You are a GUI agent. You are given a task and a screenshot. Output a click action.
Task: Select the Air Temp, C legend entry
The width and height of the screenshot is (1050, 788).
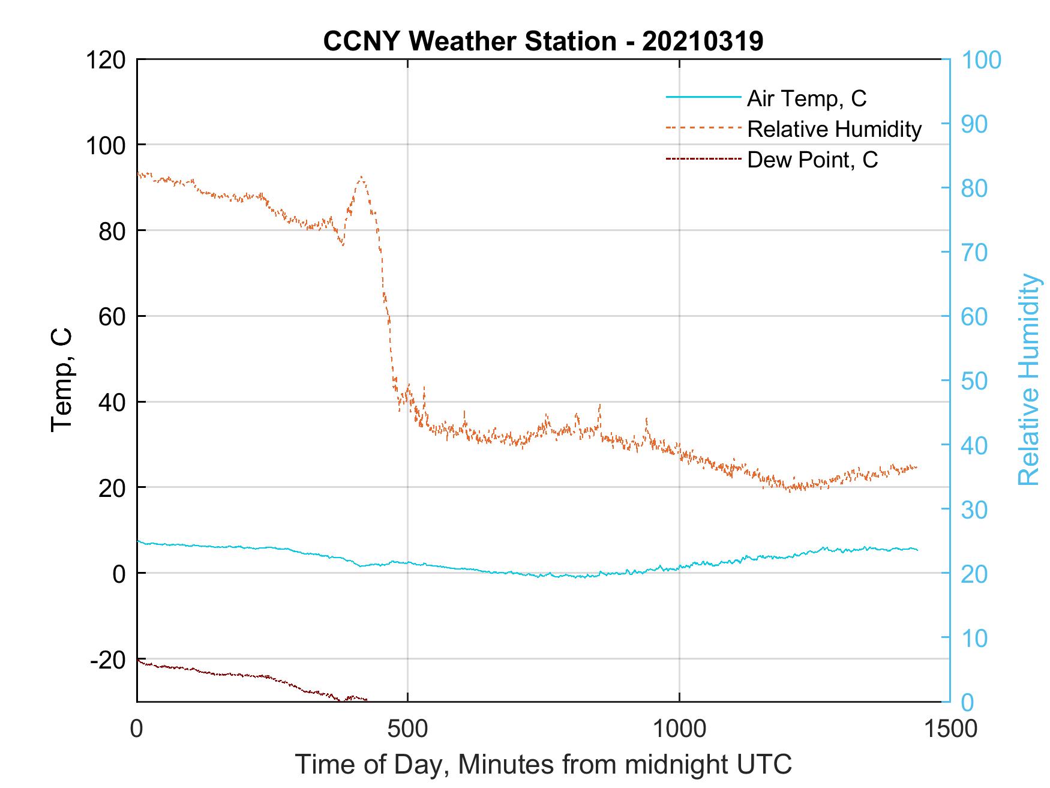pyautogui.click(x=806, y=98)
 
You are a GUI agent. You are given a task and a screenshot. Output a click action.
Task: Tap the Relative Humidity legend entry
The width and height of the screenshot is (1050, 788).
pyautogui.click(x=834, y=129)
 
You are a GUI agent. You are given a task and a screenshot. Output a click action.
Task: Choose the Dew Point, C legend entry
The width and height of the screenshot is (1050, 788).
pyautogui.click(x=812, y=160)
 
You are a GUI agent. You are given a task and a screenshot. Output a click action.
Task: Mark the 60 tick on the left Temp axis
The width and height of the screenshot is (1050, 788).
pyautogui.click(x=112, y=317)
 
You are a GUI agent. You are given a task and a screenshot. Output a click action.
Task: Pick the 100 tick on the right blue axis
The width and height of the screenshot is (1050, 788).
pyautogui.click(x=981, y=60)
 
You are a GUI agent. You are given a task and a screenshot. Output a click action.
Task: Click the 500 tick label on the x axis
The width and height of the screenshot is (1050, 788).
pyautogui.click(x=408, y=728)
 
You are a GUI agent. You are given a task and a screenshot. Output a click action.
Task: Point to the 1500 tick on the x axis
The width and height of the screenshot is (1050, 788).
pyautogui.click(x=950, y=728)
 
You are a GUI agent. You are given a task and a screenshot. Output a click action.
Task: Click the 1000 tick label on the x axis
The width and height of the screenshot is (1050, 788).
pyautogui.click(x=679, y=728)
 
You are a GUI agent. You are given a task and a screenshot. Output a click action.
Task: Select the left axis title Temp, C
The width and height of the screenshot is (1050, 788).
pyautogui.click(x=62, y=379)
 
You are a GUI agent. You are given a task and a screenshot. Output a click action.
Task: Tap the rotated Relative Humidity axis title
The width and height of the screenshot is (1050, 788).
pyautogui.click(x=1028, y=379)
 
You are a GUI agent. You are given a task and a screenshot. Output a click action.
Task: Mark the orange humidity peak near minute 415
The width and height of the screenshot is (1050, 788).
pyautogui.click(x=361, y=178)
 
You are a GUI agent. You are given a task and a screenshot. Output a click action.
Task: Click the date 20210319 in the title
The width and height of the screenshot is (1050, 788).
pyautogui.click(x=703, y=41)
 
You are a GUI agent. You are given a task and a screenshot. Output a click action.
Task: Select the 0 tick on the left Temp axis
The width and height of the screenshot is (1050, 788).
pyautogui.click(x=119, y=574)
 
